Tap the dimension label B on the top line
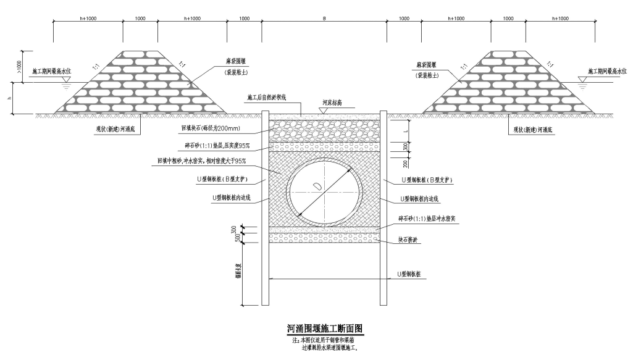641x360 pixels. (324, 19)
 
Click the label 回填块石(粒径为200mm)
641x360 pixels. (210, 129)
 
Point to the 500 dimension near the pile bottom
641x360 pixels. (235, 238)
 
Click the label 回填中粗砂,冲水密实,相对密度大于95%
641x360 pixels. (201, 161)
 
